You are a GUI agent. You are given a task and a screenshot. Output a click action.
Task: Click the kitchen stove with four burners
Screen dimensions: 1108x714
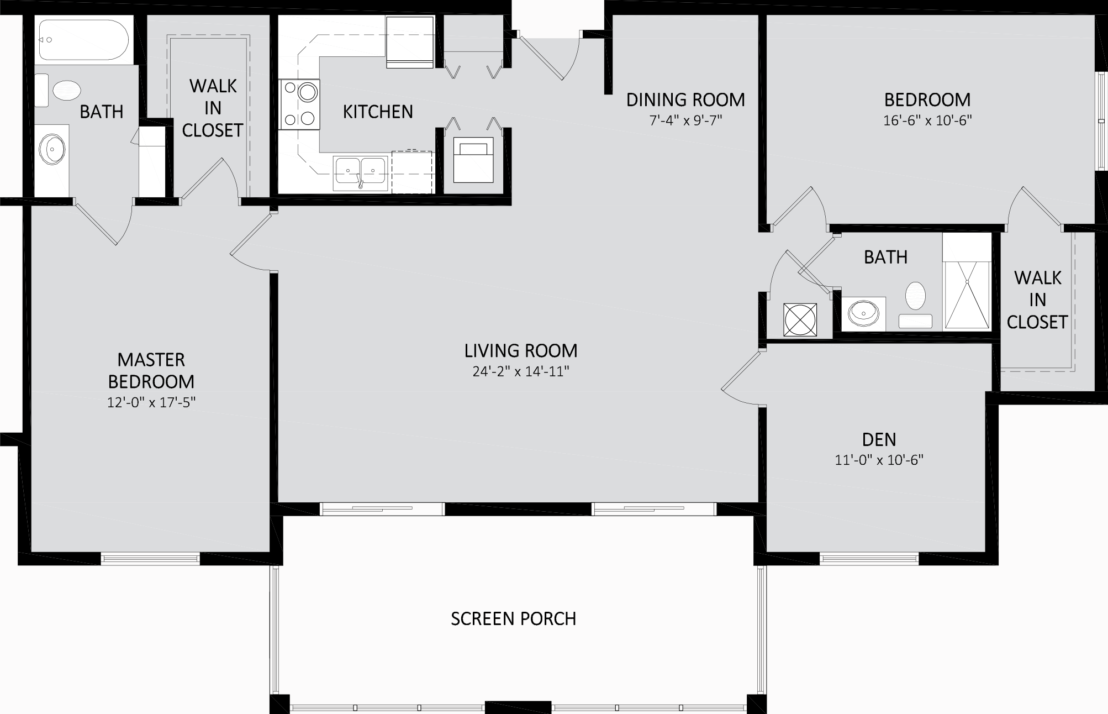[x=299, y=104]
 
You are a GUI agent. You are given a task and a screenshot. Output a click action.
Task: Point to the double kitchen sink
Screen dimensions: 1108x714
[x=360, y=172]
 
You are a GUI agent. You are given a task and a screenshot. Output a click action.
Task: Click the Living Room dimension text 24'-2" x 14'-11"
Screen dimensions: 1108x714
[x=521, y=371]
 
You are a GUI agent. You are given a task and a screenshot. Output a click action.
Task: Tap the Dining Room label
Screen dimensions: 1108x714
[x=685, y=99]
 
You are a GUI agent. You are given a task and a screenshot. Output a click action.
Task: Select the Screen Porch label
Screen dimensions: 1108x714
[x=514, y=618]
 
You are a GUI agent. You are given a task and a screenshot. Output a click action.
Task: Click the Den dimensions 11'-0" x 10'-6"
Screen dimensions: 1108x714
[x=879, y=460]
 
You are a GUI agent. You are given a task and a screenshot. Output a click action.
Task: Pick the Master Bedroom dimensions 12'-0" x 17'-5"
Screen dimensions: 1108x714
[x=151, y=402]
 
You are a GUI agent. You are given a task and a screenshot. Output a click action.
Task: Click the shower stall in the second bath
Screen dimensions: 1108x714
[x=967, y=282]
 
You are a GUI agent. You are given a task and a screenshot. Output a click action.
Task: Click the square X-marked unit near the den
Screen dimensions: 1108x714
[x=800, y=319]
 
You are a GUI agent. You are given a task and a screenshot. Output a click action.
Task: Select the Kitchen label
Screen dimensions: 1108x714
[x=378, y=112]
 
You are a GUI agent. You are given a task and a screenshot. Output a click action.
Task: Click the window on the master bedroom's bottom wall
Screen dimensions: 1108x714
[x=150, y=559]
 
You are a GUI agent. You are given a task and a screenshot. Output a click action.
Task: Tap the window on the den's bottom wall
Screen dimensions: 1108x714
[x=869, y=559]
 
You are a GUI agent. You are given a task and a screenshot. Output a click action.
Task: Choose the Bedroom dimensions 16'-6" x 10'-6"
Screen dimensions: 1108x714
[x=927, y=120]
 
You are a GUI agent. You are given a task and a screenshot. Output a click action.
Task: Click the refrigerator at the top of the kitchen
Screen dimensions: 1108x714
[x=410, y=42]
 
